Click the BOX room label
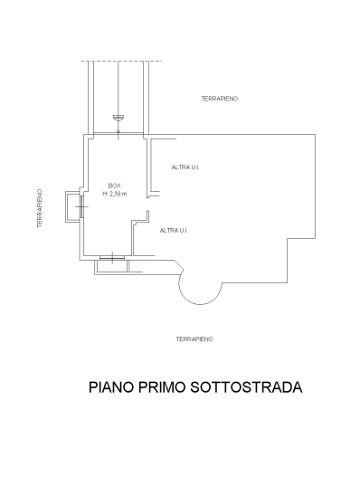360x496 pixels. click(114, 186)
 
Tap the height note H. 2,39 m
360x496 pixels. click(114, 194)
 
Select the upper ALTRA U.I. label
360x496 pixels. click(185, 167)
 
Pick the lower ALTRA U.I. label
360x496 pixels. click(174, 231)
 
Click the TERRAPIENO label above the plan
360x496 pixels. click(220, 99)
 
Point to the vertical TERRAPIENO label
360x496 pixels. click(40, 208)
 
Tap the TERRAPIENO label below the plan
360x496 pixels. click(194, 339)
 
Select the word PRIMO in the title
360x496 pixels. click(162, 387)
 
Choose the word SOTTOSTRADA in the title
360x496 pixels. click(246, 387)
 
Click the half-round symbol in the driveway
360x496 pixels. click(118, 118)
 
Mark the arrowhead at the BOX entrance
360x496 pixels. click(118, 130)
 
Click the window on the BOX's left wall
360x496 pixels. click(82, 206)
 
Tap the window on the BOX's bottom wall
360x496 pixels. click(112, 258)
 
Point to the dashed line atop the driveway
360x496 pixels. click(121, 61)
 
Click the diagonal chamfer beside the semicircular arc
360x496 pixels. click(179, 265)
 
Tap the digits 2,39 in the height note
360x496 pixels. click(116, 194)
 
